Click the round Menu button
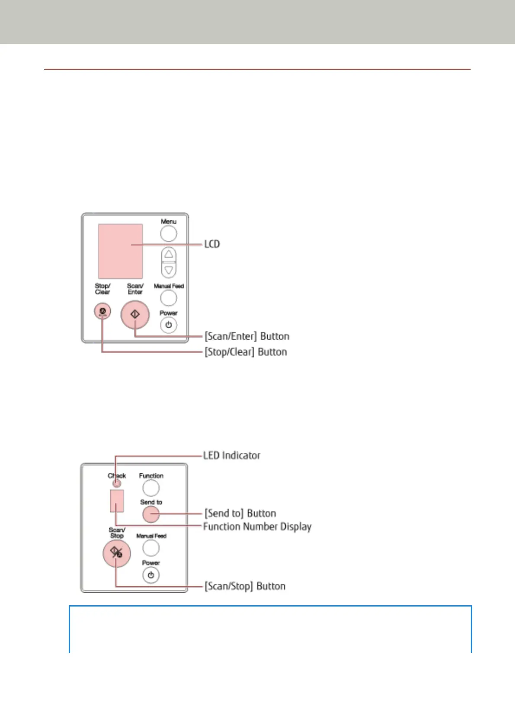click(x=169, y=234)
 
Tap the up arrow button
click(x=169, y=254)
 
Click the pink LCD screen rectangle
click(x=120, y=251)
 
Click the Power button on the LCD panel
click(x=169, y=325)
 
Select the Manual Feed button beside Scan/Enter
click(x=169, y=298)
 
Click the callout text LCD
click(x=212, y=244)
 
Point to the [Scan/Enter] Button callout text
click(x=247, y=336)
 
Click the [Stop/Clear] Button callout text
click(x=246, y=352)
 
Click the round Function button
click(x=151, y=488)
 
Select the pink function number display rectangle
click(x=117, y=501)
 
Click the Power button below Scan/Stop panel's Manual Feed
click(x=151, y=575)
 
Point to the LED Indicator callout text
click(x=232, y=455)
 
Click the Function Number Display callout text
click(x=257, y=527)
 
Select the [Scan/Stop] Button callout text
click(x=245, y=586)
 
